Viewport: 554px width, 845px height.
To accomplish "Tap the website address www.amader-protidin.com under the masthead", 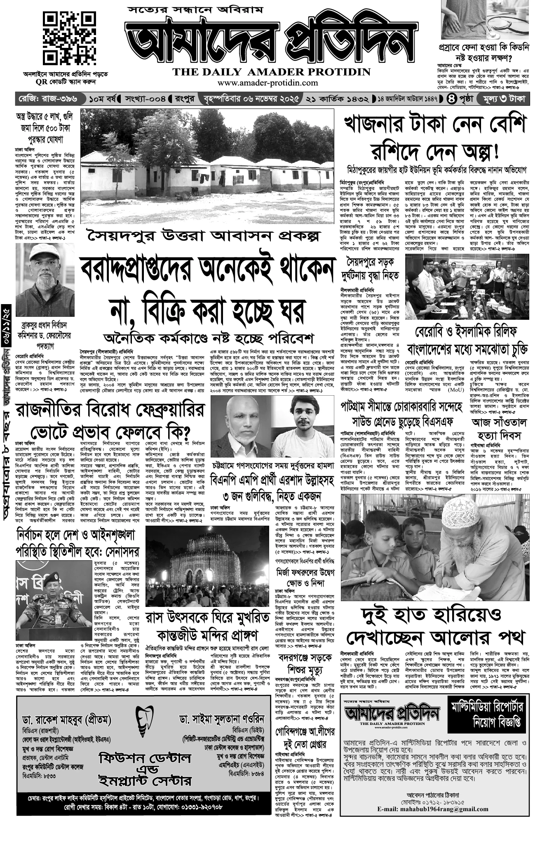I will click(272, 83).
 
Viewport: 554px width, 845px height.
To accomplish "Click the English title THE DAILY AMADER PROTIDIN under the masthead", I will click(272, 72).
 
